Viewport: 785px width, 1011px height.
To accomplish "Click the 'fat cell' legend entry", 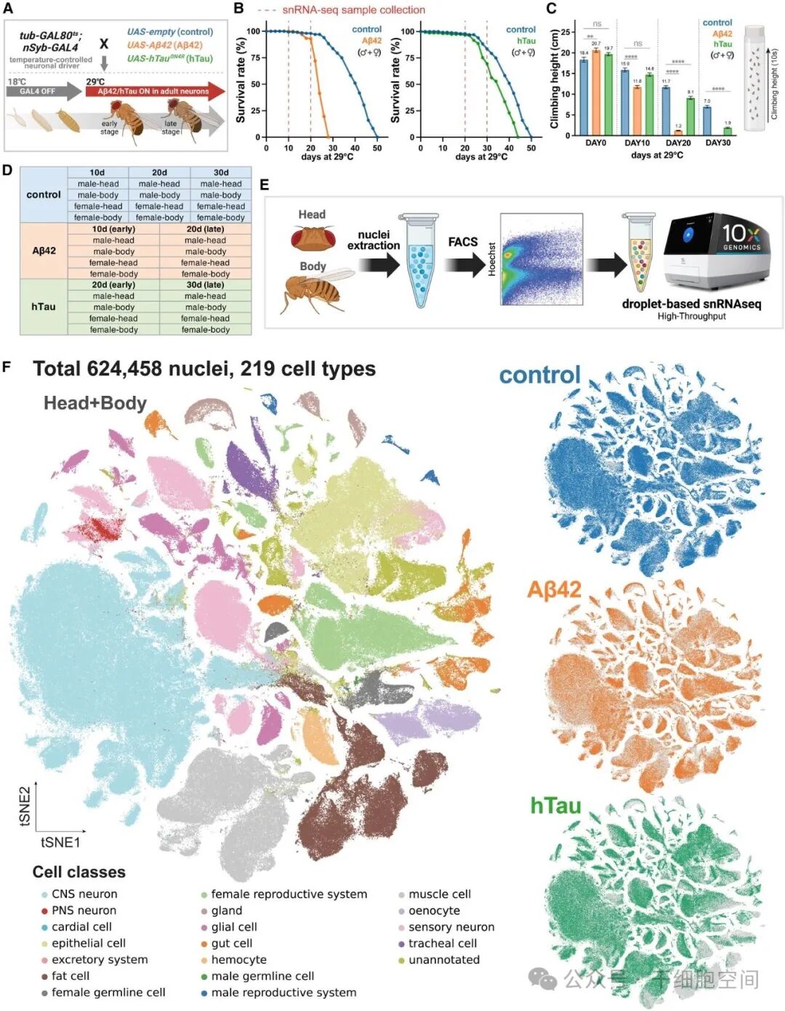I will [71, 976].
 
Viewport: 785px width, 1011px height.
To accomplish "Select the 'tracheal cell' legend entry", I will [443, 943].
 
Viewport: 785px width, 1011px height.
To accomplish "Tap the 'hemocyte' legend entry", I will [238, 959].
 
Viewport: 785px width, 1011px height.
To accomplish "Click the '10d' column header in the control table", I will [97, 173].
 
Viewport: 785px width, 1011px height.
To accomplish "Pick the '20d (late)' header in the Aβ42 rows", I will [205, 229].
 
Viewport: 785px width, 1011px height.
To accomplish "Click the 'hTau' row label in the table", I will [44, 306].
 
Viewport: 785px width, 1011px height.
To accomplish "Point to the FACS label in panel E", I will [462, 242].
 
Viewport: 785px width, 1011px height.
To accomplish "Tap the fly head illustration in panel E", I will [313, 237].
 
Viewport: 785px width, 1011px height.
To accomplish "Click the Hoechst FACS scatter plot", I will [542, 259].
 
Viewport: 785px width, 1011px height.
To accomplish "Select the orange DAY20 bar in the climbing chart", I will [678, 132].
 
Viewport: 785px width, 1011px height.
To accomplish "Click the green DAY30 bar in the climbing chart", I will [728, 131].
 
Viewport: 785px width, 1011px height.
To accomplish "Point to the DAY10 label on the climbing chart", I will [637, 143].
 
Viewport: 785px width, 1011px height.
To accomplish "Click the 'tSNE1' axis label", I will [60, 843].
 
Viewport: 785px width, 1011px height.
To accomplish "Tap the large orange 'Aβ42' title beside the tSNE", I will [554, 589].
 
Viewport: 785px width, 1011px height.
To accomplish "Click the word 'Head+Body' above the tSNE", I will [95, 403].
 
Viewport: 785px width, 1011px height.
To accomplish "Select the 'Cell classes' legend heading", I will [79, 872].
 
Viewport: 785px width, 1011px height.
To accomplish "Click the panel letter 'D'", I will [7, 170].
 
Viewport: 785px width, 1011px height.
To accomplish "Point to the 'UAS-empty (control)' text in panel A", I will [170, 32].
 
